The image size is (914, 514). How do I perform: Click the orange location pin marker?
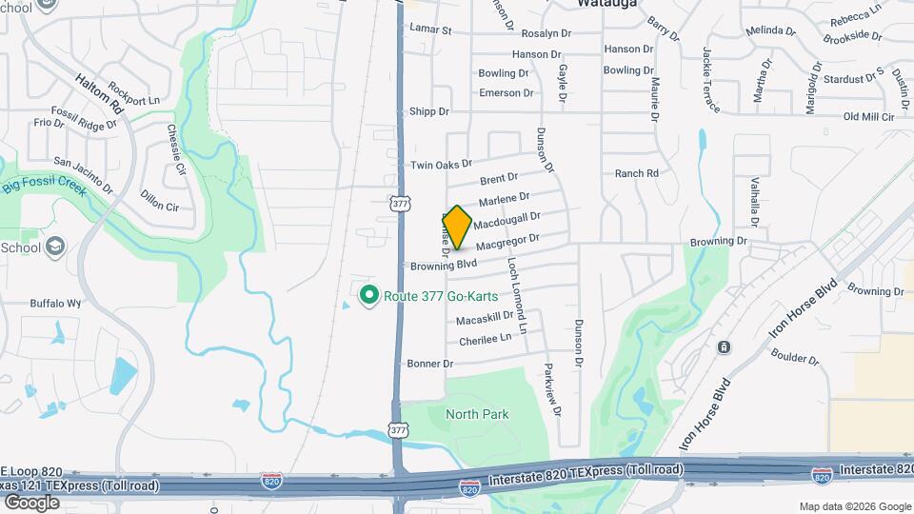[x=457, y=227]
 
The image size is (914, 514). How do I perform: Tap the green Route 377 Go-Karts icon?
[x=369, y=295]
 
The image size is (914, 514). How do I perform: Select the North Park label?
[x=478, y=414]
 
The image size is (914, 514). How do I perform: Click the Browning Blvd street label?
[x=443, y=265]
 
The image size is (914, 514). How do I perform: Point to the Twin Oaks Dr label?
[x=442, y=165]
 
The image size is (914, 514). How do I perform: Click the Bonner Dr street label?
[x=430, y=364]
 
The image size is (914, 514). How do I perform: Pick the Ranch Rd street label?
[x=637, y=173]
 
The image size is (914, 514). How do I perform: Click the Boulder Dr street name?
[x=797, y=360]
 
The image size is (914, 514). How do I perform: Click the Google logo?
[x=31, y=502]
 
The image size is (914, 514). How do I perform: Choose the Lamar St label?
[x=430, y=30]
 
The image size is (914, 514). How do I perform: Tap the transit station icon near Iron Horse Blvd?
[x=725, y=346]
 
